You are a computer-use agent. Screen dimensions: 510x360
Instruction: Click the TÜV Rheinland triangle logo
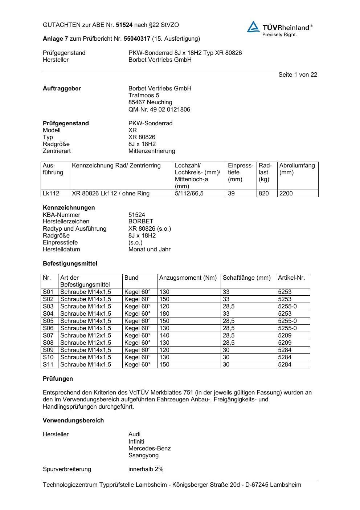pyautogui.click(x=253, y=27)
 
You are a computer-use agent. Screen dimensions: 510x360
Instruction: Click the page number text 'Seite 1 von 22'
pyautogui.click(x=298, y=74)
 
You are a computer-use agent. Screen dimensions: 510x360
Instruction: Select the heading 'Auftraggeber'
pyautogui.click(x=62, y=89)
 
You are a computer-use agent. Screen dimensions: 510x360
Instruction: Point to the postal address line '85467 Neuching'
pyautogui.click(x=150, y=102)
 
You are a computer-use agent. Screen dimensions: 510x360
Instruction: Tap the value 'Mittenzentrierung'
pyautogui.click(x=152, y=151)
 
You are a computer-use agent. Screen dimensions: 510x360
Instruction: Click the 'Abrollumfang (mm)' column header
pyautogui.click(x=297, y=169)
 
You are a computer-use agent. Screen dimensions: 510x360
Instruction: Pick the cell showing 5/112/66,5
pyautogui.click(x=189, y=194)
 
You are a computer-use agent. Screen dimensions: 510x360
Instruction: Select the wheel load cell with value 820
pyautogui.click(x=264, y=194)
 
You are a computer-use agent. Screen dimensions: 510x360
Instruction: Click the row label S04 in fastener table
pyautogui.click(x=48, y=314)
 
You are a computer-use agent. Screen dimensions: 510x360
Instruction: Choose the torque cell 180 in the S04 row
pyautogui.click(x=164, y=314)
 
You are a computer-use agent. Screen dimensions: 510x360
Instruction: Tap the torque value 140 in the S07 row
pyautogui.click(x=164, y=336)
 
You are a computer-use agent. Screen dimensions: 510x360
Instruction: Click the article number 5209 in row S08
pyautogui.click(x=285, y=343)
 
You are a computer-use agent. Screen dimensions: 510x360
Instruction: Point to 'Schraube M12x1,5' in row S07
pyautogui.click(x=86, y=336)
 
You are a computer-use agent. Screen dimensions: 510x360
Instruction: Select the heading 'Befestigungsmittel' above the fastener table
pyautogui.click(x=70, y=264)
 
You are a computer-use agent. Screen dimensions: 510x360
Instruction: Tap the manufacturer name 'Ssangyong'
pyautogui.click(x=143, y=456)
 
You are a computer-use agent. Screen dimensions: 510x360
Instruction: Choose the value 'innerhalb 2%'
pyautogui.click(x=146, y=469)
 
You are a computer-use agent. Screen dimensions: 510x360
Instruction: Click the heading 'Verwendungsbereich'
pyautogui.click(x=73, y=421)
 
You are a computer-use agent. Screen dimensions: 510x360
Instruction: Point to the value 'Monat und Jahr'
pyautogui.click(x=149, y=250)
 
